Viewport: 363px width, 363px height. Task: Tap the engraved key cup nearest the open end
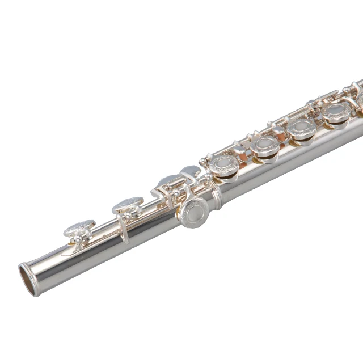[x=79, y=229]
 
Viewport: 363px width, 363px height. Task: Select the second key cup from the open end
[x=128, y=204]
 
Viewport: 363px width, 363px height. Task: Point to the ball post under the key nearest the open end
[x=77, y=242]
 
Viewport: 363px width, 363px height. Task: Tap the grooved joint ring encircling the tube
[x=217, y=195]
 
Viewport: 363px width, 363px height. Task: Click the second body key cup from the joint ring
[x=265, y=147]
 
